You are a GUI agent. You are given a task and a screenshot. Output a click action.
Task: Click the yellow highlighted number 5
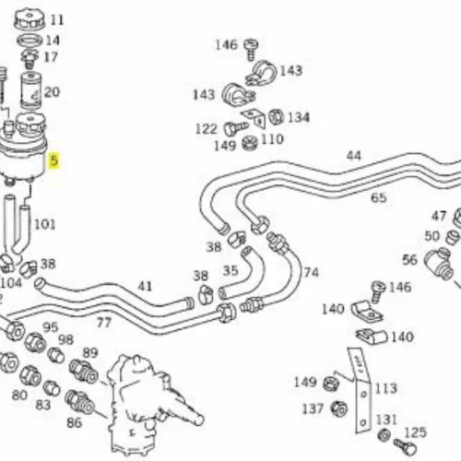pos(54,160)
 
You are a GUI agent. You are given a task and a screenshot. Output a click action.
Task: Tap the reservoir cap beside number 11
pos(30,19)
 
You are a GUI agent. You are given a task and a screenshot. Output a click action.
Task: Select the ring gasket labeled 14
pos(30,40)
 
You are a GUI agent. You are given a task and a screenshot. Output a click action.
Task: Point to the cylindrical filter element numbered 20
pos(30,90)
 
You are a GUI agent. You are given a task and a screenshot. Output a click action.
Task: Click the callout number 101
pos(44,224)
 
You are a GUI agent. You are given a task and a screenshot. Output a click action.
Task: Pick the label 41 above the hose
pos(145,286)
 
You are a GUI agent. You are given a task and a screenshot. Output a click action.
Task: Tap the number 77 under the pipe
pos(103,323)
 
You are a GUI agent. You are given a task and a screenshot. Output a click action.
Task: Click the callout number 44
pos(353,156)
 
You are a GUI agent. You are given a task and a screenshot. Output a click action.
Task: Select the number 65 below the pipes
pos(379,197)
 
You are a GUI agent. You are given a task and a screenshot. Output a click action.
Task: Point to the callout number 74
pos(311,272)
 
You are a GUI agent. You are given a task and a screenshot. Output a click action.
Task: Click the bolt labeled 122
pos(236,128)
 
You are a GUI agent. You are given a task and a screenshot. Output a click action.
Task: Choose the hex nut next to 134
pos(276,117)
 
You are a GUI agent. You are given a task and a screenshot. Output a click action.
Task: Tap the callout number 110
pos(272,139)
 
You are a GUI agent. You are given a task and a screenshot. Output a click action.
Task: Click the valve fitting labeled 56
pos(439,263)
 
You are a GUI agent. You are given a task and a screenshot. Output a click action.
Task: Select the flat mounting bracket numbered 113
pos(360,390)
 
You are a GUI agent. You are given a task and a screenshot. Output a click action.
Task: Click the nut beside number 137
pos(339,408)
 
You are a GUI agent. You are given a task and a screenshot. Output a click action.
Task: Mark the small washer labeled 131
pos(384,435)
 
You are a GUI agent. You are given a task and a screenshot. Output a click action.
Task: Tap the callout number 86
pos(75,423)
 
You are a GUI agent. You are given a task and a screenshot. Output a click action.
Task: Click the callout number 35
pos(230,270)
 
